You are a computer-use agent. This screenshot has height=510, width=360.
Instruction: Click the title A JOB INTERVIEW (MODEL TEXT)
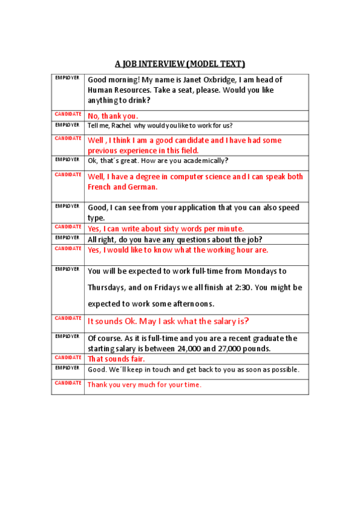(180, 64)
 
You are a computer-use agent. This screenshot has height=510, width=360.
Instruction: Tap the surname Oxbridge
(218, 80)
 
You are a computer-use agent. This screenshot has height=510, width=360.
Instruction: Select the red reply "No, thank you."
(113, 116)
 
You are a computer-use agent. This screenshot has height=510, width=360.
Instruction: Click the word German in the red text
(144, 187)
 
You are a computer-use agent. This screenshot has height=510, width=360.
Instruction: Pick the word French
(100, 187)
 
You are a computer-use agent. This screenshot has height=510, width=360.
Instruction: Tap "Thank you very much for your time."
(144, 384)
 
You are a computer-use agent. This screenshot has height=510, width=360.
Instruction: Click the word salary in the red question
(223, 321)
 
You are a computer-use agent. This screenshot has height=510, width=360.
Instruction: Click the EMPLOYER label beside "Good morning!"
(67, 78)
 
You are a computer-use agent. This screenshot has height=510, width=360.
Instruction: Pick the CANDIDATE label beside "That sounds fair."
(68, 357)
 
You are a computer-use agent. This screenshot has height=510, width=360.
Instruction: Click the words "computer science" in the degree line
(199, 177)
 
